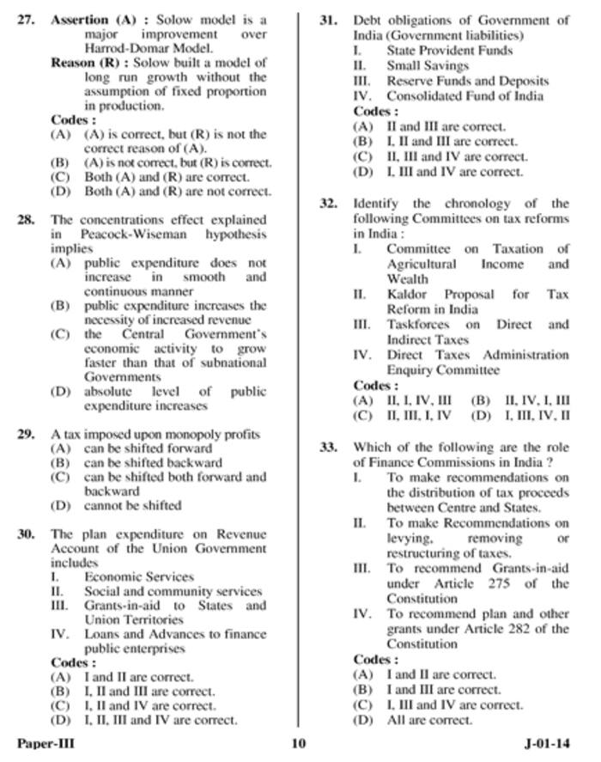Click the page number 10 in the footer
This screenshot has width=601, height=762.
tap(299, 744)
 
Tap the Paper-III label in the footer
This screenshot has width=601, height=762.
tap(46, 744)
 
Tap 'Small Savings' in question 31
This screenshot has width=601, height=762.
tap(428, 65)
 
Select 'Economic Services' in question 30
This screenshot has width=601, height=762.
tap(138, 576)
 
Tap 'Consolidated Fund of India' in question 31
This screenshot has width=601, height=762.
tap(464, 96)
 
